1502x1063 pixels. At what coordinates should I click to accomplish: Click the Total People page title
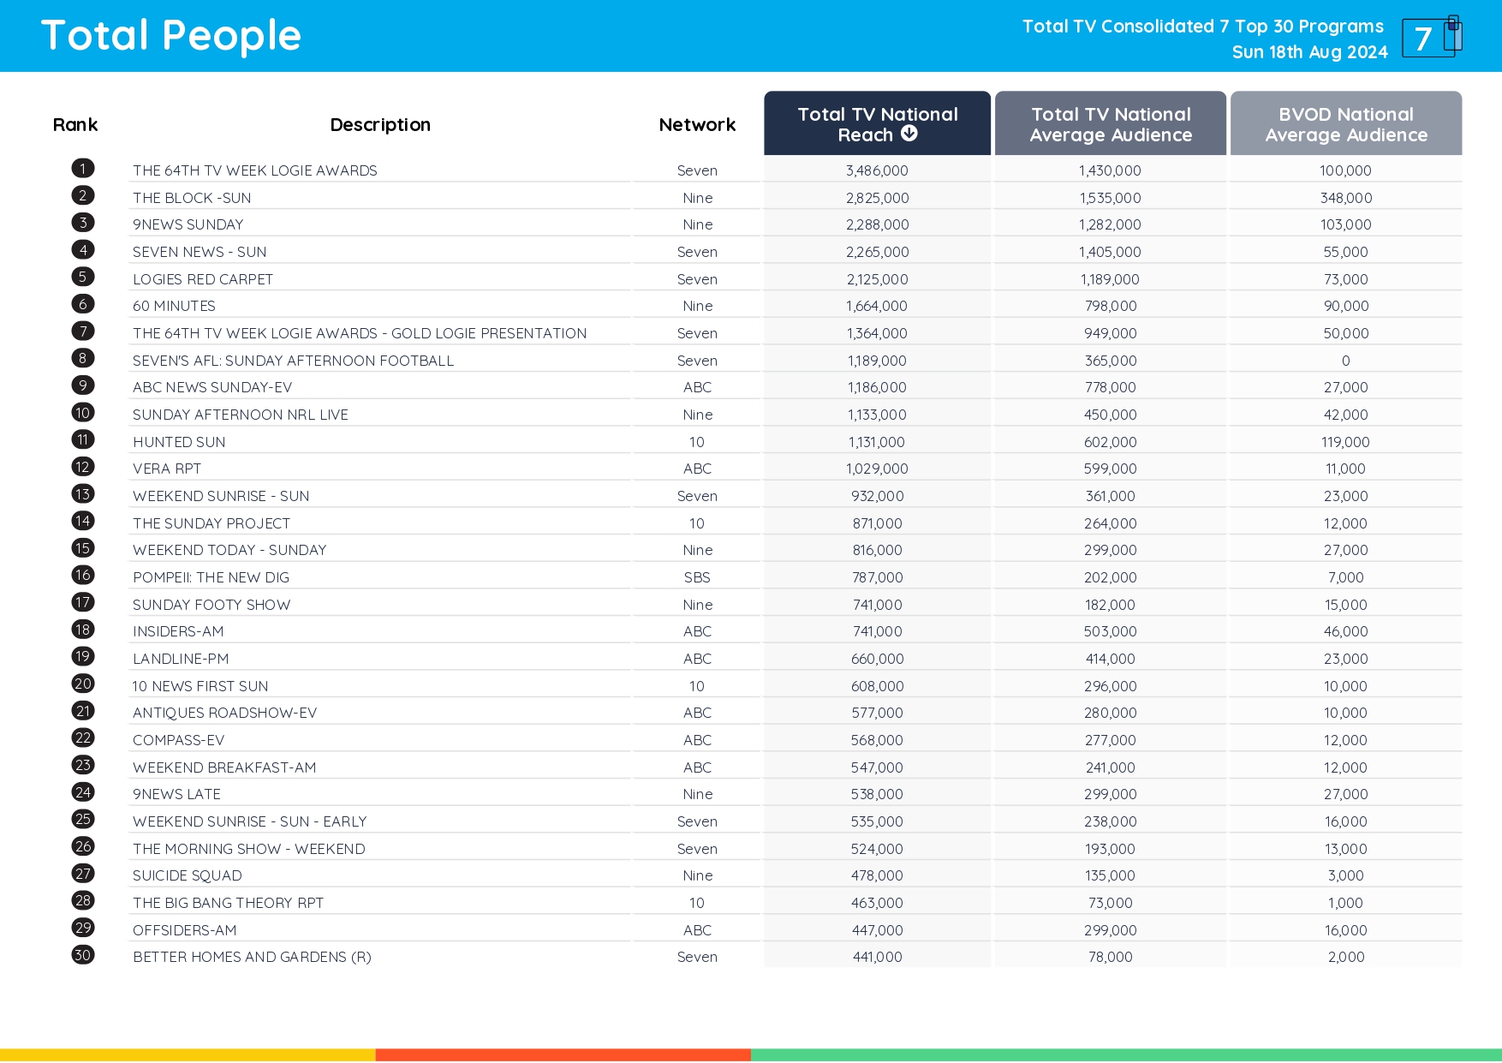(x=171, y=36)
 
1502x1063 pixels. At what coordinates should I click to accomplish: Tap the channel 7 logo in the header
(x=1431, y=37)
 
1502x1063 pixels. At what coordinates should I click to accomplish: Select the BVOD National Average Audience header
(x=1345, y=124)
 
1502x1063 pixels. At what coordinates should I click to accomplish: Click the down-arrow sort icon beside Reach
(x=909, y=134)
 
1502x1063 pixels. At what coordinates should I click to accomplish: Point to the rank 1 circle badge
(x=83, y=169)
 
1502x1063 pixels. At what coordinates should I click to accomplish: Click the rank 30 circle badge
(x=83, y=955)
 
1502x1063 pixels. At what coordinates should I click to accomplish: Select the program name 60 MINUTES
(x=174, y=306)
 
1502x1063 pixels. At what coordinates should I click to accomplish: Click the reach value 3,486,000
(x=877, y=170)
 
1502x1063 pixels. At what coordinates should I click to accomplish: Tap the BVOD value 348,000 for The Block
(x=1345, y=198)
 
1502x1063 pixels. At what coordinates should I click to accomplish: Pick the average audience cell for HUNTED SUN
(x=1110, y=442)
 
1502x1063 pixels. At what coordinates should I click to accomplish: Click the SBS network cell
(x=697, y=577)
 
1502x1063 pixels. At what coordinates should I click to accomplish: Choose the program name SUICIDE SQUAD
(x=188, y=875)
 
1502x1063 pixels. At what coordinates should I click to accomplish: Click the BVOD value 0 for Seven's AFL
(x=1345, y=361)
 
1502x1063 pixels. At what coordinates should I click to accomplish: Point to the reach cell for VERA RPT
(x=877, y=469)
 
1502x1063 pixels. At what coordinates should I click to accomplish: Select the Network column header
(x=697, y=125)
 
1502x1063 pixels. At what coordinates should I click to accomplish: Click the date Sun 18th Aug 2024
(x=1309, y=52)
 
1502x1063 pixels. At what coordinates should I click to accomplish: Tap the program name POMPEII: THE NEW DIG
(x=211, y=577)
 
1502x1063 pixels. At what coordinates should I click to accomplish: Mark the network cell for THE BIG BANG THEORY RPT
(x=697, y=903)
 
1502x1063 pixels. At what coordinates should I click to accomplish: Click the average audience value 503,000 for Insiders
(x=1110, y=631)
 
